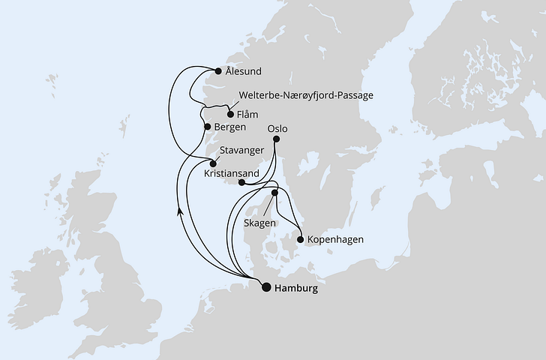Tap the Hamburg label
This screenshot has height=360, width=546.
[296, 287]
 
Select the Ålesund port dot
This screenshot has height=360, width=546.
[218, 71]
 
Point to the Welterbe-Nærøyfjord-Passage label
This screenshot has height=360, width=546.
[305, 96]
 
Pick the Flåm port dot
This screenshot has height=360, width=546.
[230, 115]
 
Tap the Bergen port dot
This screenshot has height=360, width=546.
[208, 127]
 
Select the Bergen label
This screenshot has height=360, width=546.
[229, 127]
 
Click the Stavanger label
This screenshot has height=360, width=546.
[242, 150]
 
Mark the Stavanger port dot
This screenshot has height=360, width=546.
[213, 163]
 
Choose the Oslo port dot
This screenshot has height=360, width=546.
[277, 139]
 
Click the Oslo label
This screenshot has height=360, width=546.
[277, 128]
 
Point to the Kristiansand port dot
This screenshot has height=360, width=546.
[241, 181]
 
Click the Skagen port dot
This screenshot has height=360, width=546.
[274, 193]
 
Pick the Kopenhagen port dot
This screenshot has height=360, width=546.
[301, 240]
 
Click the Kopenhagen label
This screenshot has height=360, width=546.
[335, 240]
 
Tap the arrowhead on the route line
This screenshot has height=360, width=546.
[180, 212]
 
